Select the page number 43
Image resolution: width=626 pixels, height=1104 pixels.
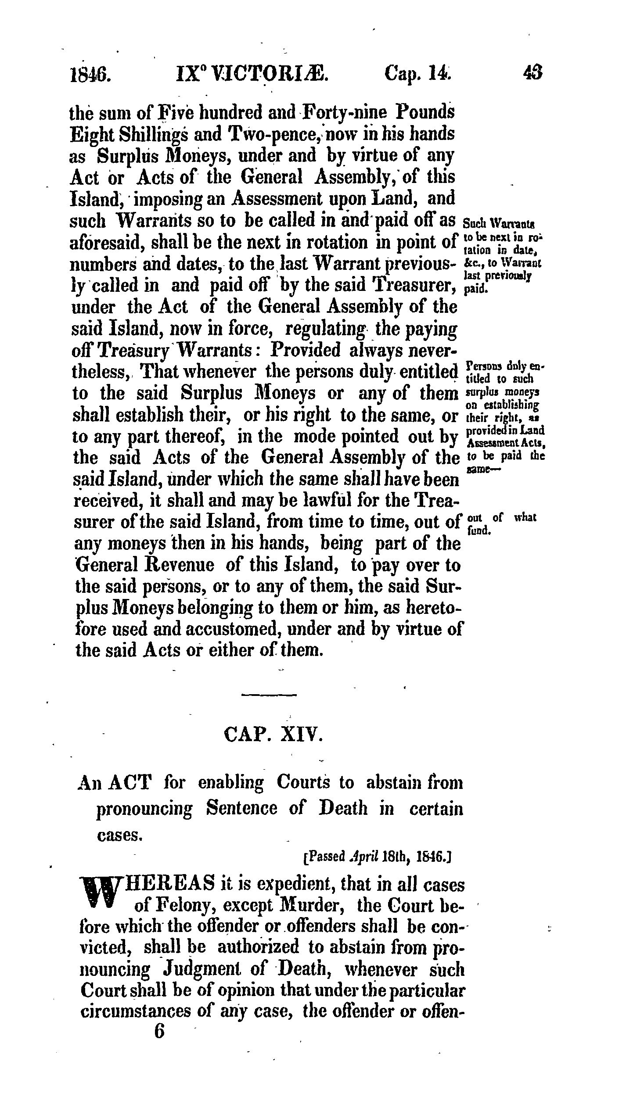tap(533, 72)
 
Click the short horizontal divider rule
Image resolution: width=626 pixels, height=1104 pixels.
tap(270, 695)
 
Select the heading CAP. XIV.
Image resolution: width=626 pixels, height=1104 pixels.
tap(273, 735)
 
